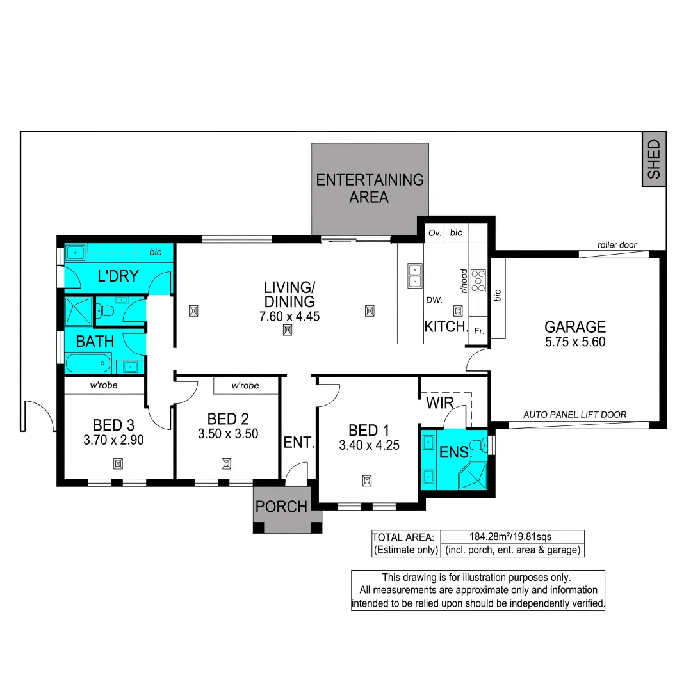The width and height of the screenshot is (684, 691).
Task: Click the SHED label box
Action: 653,159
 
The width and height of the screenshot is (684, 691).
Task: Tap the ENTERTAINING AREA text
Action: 370,188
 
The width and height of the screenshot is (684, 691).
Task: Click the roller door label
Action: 617,245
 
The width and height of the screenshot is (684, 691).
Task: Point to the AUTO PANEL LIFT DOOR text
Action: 574,415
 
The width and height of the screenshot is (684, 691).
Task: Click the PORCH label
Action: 281,507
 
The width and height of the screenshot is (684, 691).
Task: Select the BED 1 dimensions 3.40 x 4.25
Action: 369,445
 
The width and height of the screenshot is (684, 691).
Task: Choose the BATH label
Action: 95,342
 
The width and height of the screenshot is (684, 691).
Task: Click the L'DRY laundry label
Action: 118,276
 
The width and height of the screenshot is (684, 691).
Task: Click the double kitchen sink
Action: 414,275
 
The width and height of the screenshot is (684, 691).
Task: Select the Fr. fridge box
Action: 478,331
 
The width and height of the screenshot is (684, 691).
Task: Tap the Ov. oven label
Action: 435,233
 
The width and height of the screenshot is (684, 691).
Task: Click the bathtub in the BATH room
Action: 89,365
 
